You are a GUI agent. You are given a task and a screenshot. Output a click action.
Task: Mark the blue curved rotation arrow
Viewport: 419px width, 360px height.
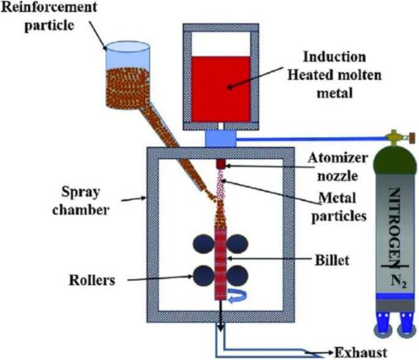(x=237, y=298)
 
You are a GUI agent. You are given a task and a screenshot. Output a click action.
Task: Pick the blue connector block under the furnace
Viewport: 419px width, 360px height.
(x=219, y=138)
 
